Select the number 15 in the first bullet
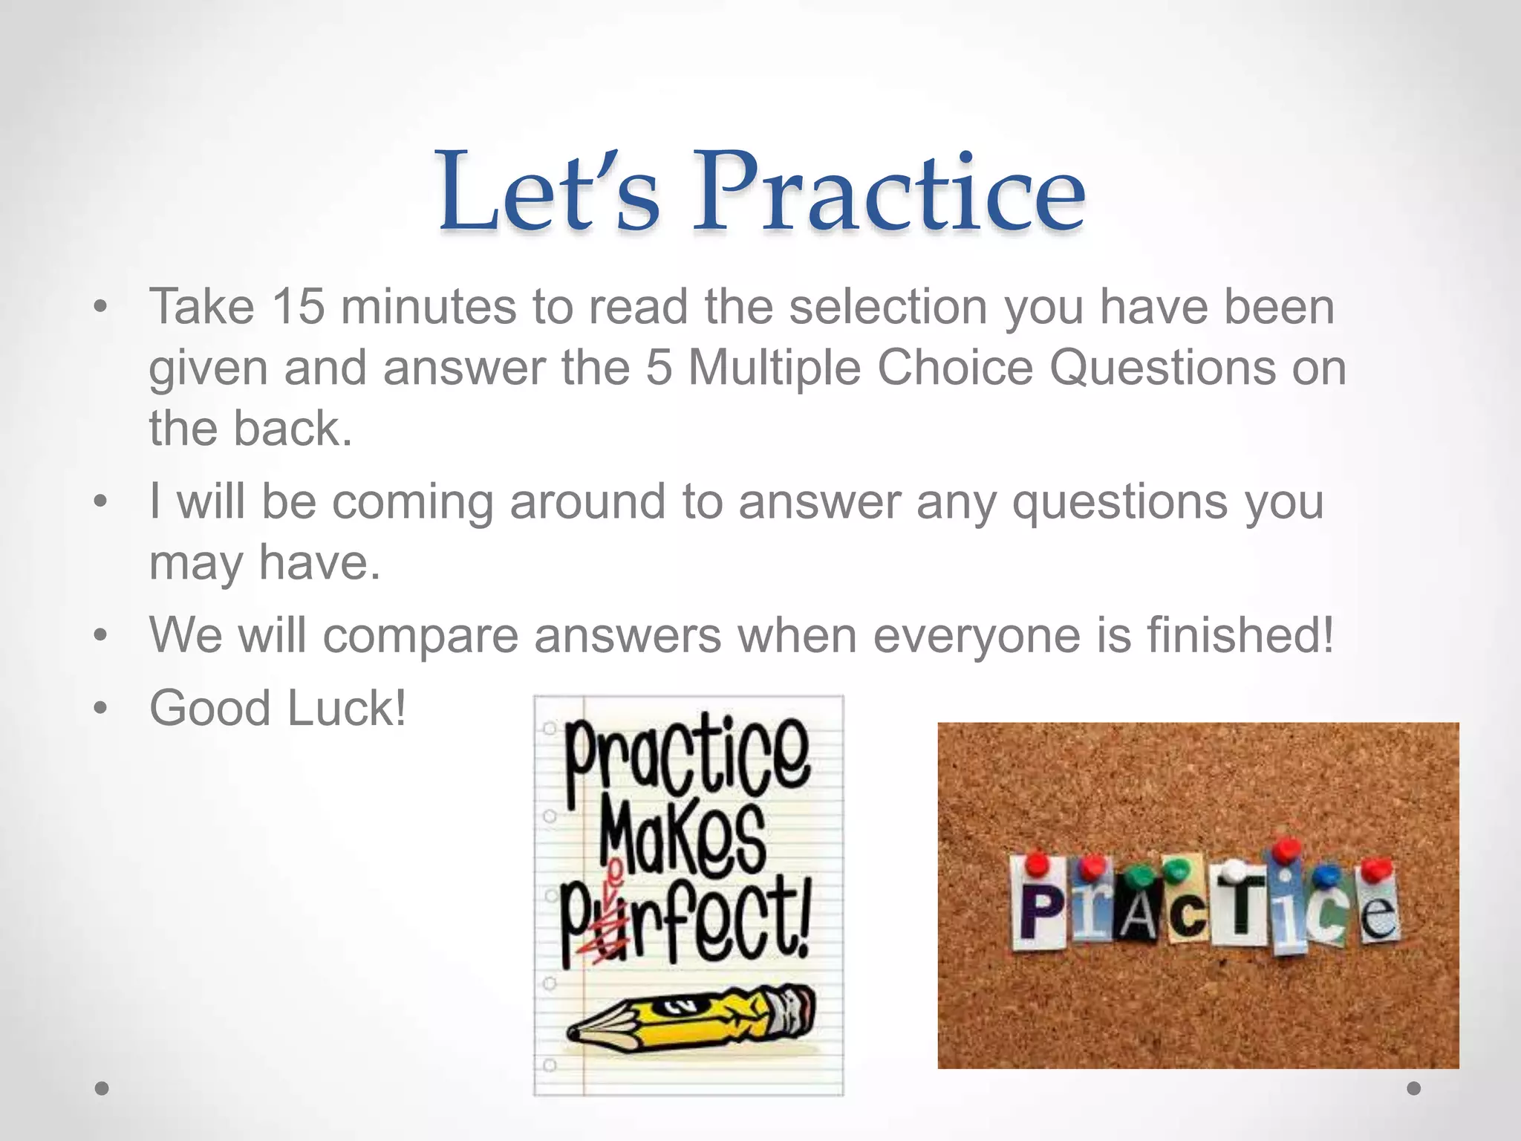298,306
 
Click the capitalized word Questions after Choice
1162,368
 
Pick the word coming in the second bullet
412,502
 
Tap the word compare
420,636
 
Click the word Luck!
347,708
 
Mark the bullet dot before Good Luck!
100,708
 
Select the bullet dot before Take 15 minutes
100,306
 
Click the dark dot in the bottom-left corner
102,1088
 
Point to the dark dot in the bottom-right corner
1414,1088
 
